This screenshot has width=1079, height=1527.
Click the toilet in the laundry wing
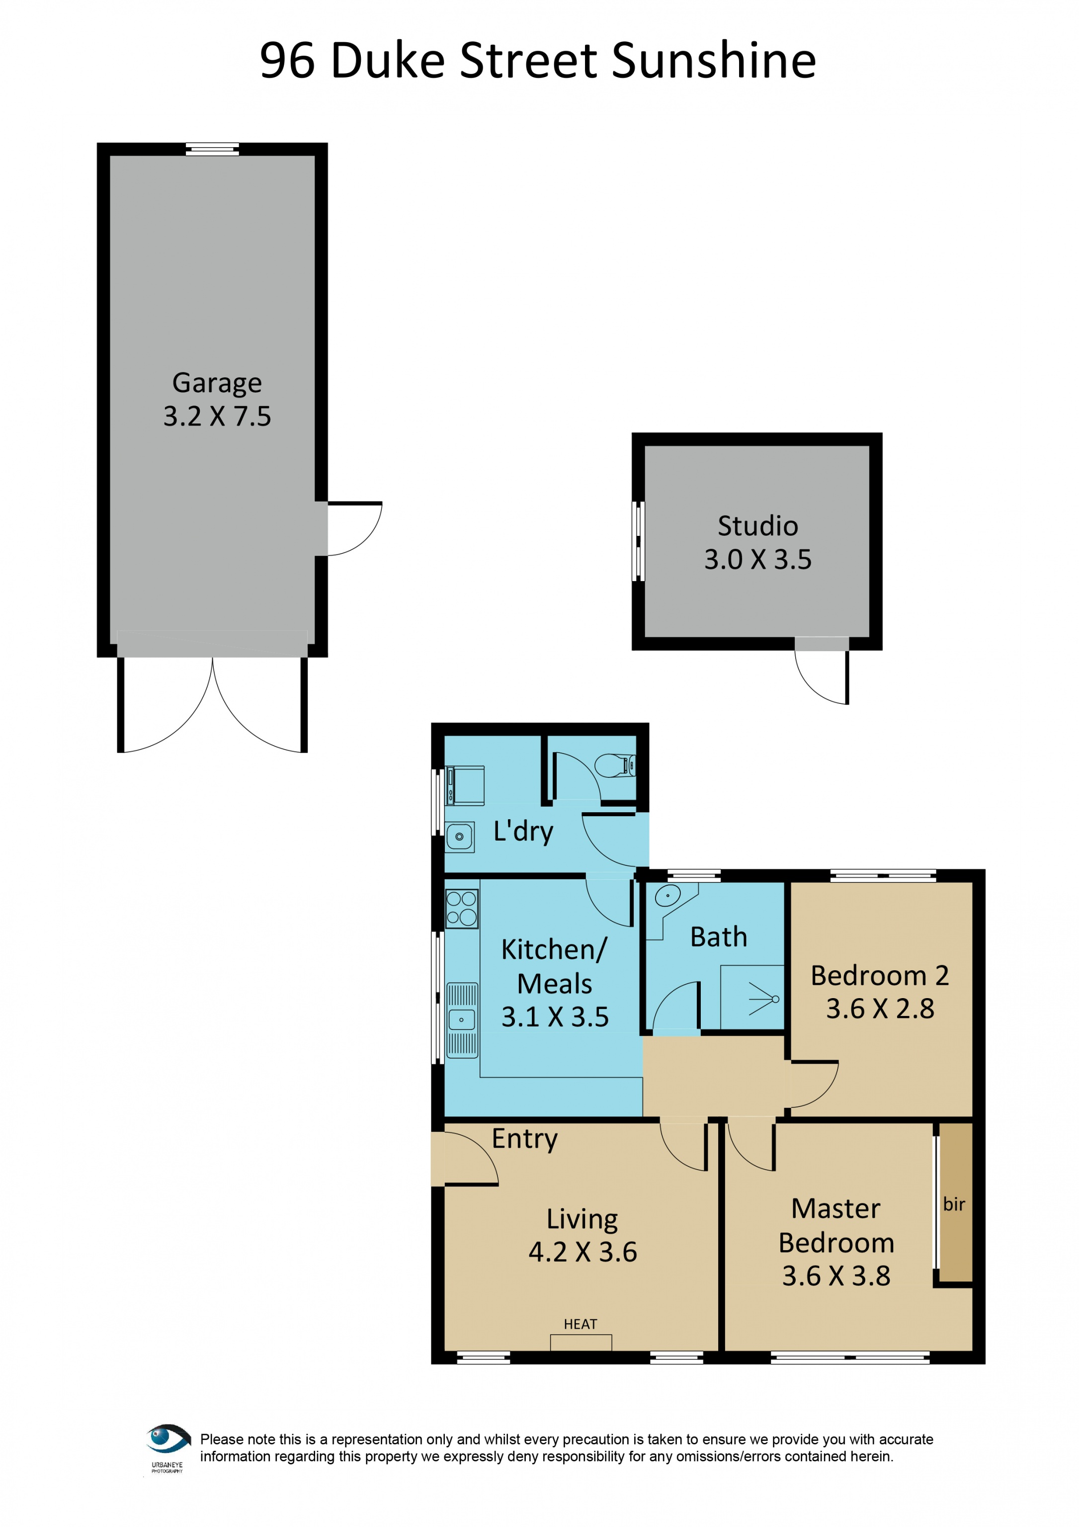pyautogui.click(x=615, y=765)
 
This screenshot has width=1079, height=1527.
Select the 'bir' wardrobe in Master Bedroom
pyautogui.click(x=955, y=1202)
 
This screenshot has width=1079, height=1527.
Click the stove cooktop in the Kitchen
pyautogui.click(x=461, y=909)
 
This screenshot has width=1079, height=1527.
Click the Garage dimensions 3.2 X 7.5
pyautogui.click(x=217, y=417)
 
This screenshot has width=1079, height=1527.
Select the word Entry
pyautogui.click(x=524, y=1140)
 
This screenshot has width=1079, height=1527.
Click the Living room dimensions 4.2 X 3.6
pyautogui.click(x=583, y=1252)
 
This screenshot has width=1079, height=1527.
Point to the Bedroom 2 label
pyautogui.click(x=880, y=976)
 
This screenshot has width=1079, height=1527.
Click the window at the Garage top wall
pyautogui.click(x=212, y=149)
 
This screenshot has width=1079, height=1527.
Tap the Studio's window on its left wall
pyautogui.click(x=638, y=541)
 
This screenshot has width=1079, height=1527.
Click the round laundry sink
pyautogui.click(x=459, y=837)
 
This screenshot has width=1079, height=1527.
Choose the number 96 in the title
pyautogui.click(x=287, y=61)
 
